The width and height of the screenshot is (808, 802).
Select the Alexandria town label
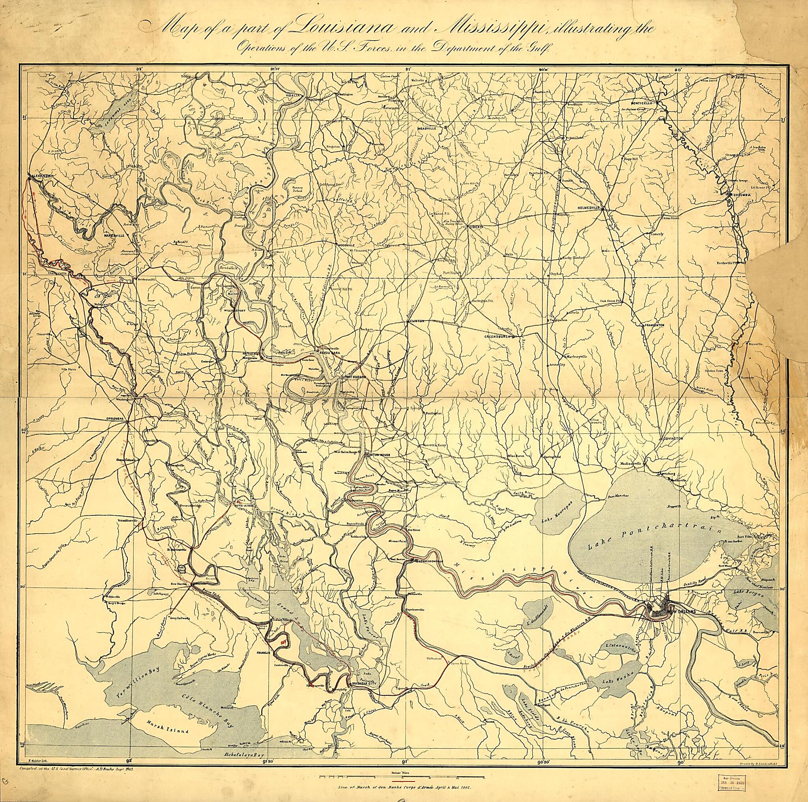coord(40,176)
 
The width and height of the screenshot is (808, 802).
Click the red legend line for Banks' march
coord(403,781)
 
